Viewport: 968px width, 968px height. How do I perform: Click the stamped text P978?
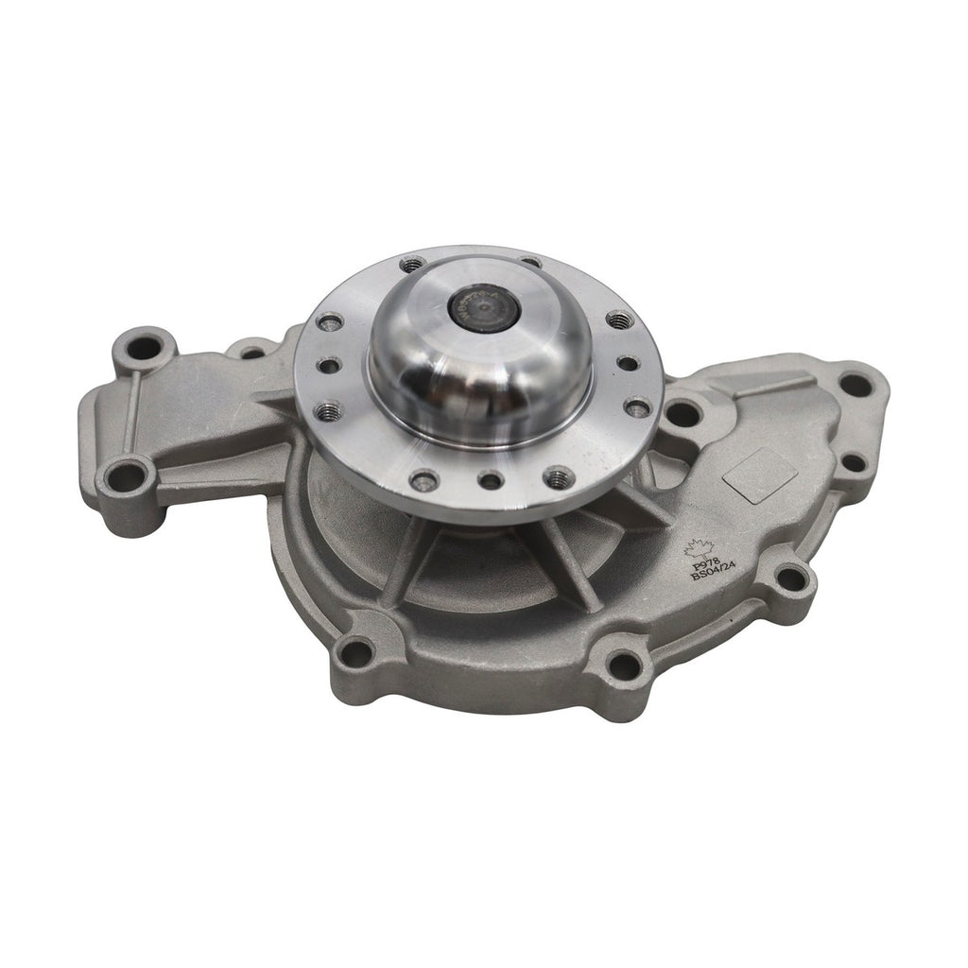(x=702, y=565)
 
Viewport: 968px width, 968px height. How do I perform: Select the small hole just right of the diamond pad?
(x=853, y=462)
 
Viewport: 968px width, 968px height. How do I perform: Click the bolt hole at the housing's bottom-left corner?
(x=354, y=650)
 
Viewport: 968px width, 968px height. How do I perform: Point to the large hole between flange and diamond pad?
(x=683, y=413)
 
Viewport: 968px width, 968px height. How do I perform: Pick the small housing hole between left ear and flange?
(x=252, y=353)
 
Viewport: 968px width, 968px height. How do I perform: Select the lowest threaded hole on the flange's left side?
(x=329, y=411)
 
